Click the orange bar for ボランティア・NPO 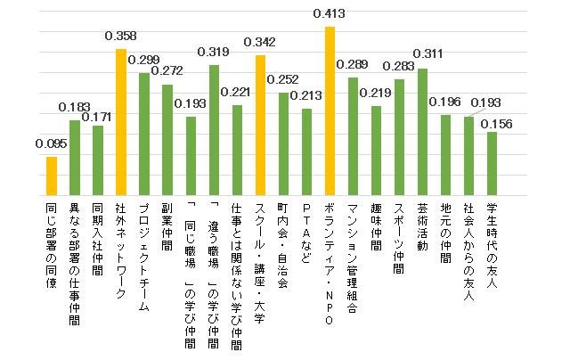point(330,111)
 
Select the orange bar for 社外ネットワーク point(120,123)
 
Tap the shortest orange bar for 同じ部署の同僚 point(52,176)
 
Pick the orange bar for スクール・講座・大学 point(260,126)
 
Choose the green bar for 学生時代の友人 point(492,164)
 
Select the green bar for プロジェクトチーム point(144,135)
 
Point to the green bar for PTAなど point(306,152)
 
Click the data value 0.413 point(330,14)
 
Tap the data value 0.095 point(51,143)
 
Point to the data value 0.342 point(260,42)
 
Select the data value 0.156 point(496,124)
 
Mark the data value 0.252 point(283,79)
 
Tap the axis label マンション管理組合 point(353,259)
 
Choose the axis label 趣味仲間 point(376,227)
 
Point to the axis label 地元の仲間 point(445,233)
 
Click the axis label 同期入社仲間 point(97,238)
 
